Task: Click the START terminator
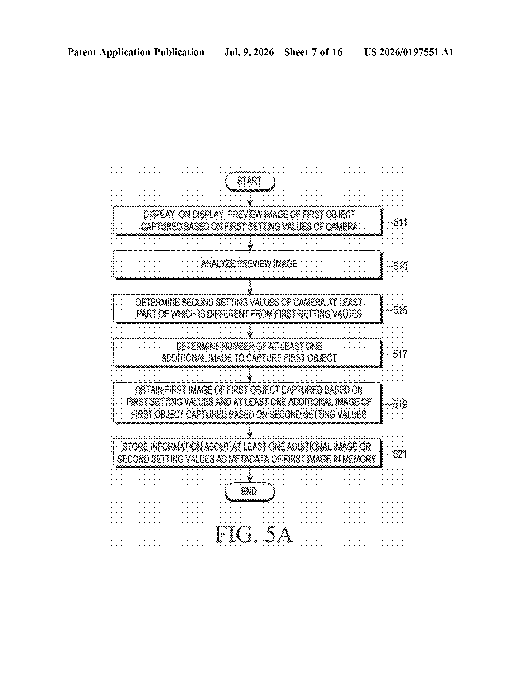pyautogui.click(x=250, y=181)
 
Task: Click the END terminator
pyautogui.click(x=249, y=492)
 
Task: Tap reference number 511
pyautogui.click(x=400, y=222)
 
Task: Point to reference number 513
pyautogui.click(x=400, y=266)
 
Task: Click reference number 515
pyautogui.click(x=400, y=310)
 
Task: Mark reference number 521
pyautogui.click(x=400, y=454)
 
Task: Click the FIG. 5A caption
pyautogui.click(x=254, y=534)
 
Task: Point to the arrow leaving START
pyautogui.click(x=250, y=199)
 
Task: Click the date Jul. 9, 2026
pyautogui.click(x=249, y=52)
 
